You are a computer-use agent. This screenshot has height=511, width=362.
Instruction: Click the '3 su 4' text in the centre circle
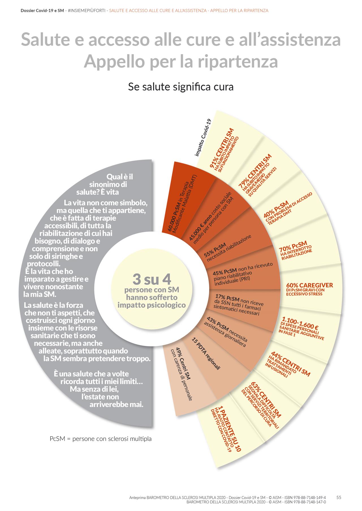tap(152, 279)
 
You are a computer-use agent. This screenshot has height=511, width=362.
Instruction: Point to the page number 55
tap(339, 497)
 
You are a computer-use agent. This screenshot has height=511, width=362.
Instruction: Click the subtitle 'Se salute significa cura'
tap(181, 87)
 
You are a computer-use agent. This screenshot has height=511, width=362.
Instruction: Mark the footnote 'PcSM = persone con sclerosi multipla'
tap(101, 439)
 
